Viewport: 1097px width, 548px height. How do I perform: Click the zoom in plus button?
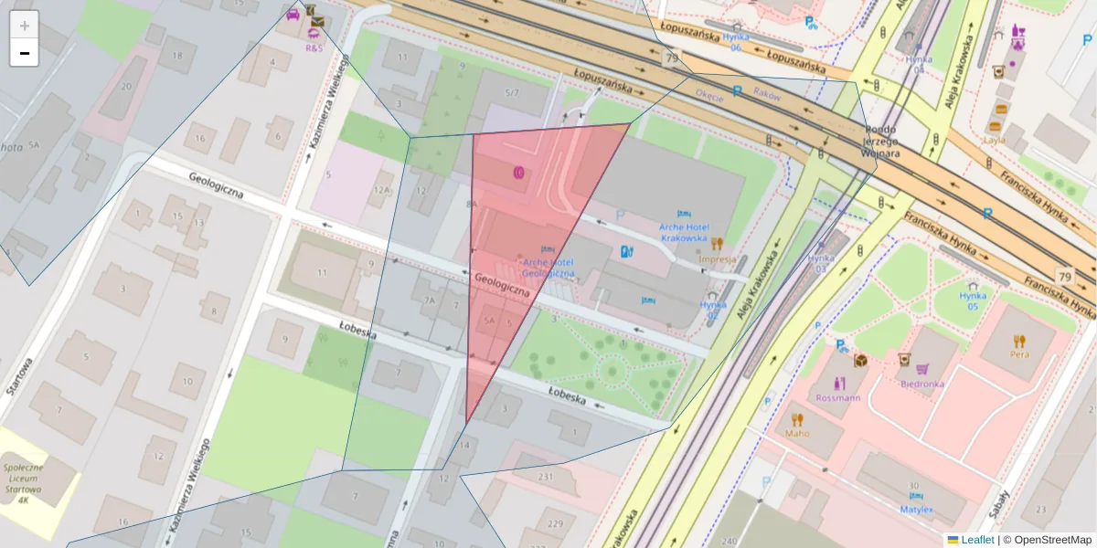point(25,26)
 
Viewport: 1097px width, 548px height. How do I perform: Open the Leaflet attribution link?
point(976,540)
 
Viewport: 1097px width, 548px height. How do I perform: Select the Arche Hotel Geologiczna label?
point(548,268)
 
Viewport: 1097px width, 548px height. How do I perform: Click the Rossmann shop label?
point(838,398)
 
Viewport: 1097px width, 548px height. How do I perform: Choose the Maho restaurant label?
point(797,434)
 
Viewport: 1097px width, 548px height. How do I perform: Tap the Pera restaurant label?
point(1018,353)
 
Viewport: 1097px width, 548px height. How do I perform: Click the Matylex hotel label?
point(915,509)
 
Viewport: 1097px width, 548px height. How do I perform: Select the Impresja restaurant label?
point(717,258)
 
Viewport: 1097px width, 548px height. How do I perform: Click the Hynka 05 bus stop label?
point(973,300)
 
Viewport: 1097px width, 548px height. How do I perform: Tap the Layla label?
point(994,141)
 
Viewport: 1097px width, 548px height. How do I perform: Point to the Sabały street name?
point(1000,501)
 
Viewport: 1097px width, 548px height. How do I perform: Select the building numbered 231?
point(547,477)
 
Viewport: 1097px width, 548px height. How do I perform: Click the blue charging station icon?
point(626,251)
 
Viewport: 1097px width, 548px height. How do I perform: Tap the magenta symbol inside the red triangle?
point(518,171)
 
